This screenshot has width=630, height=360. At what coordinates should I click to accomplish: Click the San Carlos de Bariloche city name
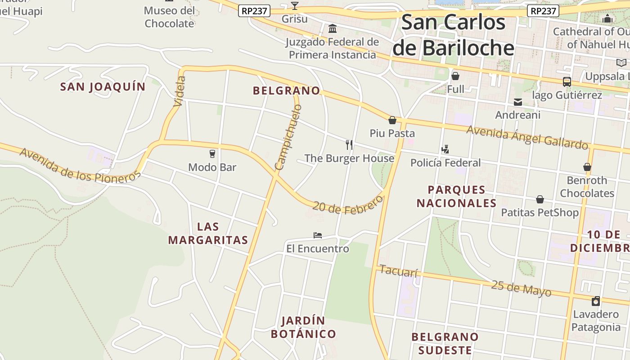coord(453,35)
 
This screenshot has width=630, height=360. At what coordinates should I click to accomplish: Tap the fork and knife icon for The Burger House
coord(349,144)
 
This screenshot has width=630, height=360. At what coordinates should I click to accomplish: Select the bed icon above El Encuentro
coord(318,235)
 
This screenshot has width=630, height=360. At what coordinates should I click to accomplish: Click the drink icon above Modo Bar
coord(212,153)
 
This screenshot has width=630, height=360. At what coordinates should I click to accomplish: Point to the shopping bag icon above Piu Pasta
coord(392,120)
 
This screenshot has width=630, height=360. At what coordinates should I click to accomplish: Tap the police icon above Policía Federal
coord(445,149)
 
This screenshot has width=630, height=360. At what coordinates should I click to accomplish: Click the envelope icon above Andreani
coord(518,102)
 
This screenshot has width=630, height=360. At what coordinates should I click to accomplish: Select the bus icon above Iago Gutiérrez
coord(567,82)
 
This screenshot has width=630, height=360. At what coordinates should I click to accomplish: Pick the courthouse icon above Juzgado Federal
coord(333,29)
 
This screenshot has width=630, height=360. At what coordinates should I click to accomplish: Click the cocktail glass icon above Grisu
coord(294,6)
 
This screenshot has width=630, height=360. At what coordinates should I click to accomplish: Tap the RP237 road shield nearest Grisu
coord(254,11)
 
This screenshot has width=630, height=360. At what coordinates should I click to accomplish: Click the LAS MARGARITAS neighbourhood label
coord(208,233)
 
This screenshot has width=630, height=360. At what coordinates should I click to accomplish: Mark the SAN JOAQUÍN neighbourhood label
coord(103,86)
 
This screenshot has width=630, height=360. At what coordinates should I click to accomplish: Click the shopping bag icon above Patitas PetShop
coord(540,199)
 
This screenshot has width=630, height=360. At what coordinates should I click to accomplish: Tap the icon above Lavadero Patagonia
coord(596,301)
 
